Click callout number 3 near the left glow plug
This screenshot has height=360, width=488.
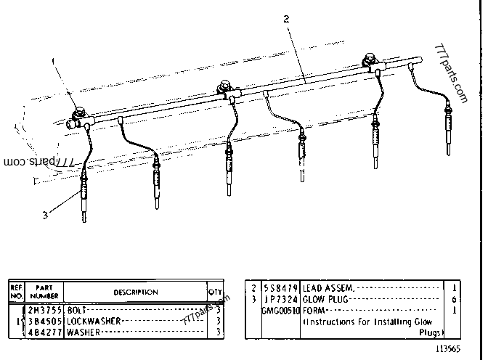click(45, 215)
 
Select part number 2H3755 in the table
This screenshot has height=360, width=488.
click(45, 308)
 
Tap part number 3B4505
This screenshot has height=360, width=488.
click(45, 320)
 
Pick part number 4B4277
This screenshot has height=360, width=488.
click(45, 332)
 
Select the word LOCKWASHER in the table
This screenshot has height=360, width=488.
click(93, 320)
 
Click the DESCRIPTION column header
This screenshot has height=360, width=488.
click(135, 292)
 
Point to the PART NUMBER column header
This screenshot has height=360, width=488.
click(45, 292)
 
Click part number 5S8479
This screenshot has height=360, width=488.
click(279, 287)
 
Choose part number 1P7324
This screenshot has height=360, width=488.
click(279, 299)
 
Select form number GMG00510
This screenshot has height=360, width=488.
click(279, 310)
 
